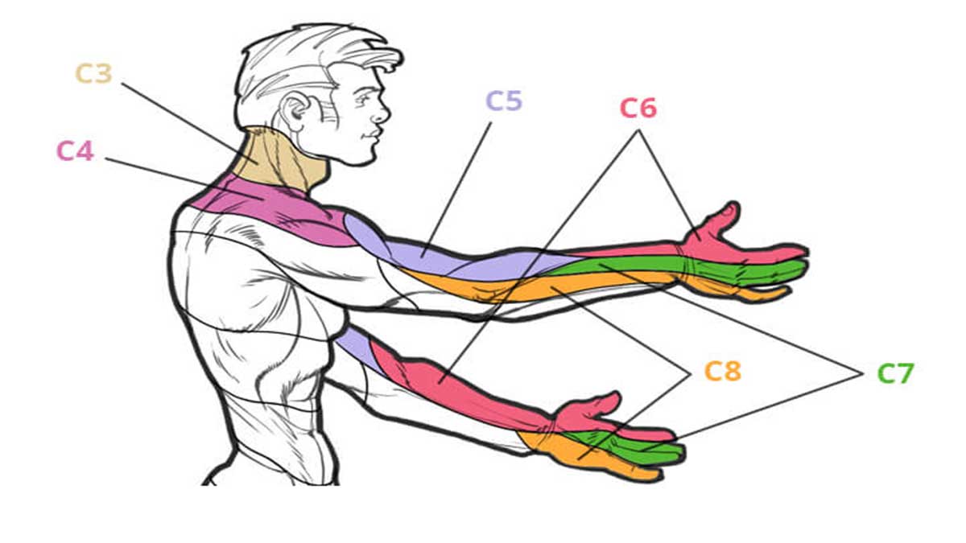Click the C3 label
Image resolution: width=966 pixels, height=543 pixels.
(94, 74)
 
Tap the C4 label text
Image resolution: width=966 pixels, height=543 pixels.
(76, 151)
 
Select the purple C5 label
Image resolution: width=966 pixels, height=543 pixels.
(504, 101)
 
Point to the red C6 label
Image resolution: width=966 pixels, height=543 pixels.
(638, 108)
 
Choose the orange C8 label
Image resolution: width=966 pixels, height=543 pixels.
(723, 372)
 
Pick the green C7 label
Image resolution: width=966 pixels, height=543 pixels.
(896, 373)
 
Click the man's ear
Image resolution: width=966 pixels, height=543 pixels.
(296, 112)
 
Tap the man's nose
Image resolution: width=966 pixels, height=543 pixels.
(382, 113)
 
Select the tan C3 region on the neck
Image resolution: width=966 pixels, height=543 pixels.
(280, 159)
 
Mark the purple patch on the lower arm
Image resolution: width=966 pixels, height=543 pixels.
(357, 347)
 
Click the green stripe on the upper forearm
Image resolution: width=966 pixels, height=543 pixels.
(625, 264)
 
